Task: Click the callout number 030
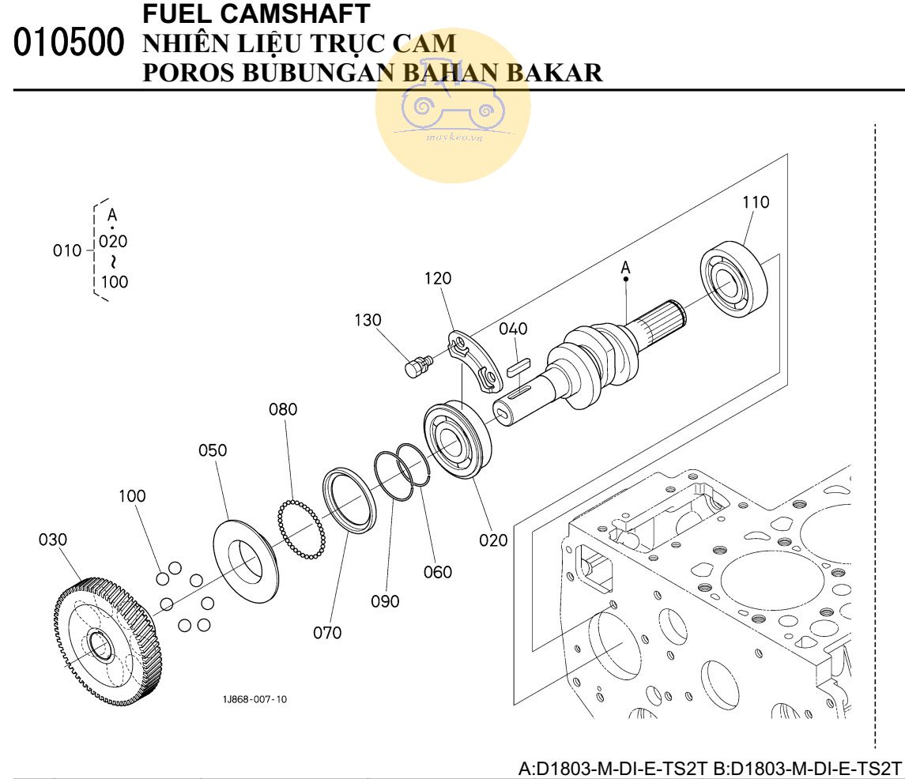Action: point(53,540)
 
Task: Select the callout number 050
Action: point(213,450)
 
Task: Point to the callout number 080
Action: point(283,409)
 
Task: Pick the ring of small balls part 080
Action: point(301,529)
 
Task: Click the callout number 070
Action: point(326,633)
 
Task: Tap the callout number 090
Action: point(385,601)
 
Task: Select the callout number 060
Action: point(438,572)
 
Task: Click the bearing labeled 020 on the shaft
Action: point(458,440)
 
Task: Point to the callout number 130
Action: point(368,320)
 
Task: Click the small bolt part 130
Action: point(417,365)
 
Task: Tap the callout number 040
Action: point(513,329)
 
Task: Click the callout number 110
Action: point(755,202)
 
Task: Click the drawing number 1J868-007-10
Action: point(255,699)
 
